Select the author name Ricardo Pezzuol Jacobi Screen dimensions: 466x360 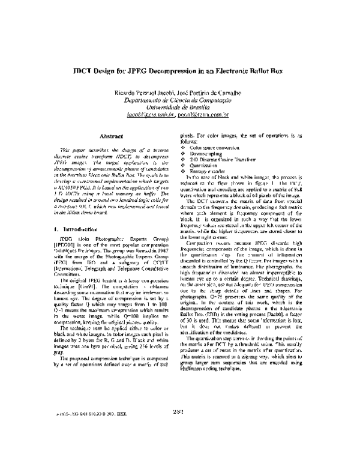[146, 92]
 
